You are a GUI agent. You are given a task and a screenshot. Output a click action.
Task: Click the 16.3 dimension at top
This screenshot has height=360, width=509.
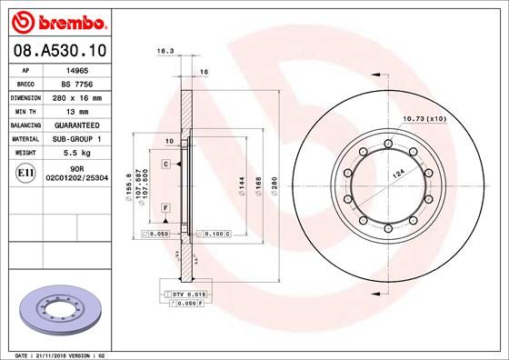[x=165, y=52]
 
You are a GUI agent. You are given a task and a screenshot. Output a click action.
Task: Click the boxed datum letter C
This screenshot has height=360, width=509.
[x=166, y=163]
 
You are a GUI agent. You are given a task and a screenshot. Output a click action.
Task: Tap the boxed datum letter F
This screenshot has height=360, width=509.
[x=166, y=208]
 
